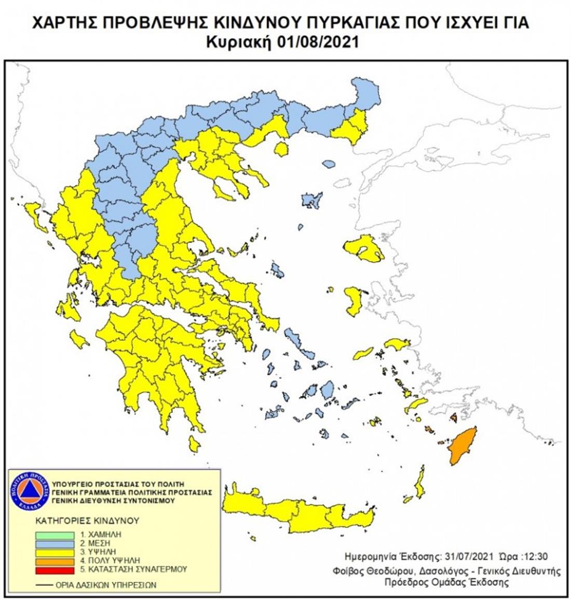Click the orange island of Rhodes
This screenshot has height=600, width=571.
coord(462,445)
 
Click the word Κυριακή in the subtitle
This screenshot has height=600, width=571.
coord(243,42)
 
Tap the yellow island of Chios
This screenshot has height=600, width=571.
coord(354,301)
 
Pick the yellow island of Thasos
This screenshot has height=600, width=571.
coord(281,150)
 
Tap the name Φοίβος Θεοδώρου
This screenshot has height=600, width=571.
coord(363,571)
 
